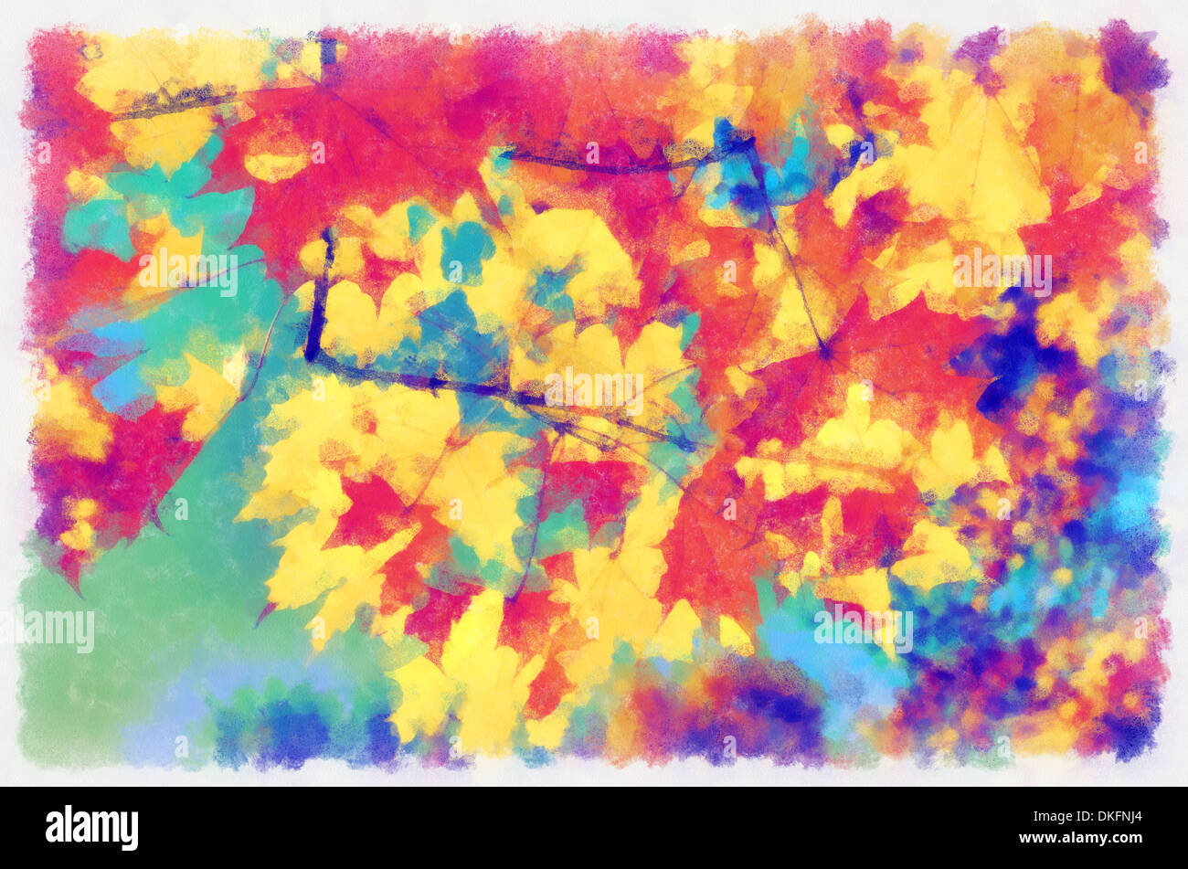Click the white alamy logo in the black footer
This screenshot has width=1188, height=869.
click(91, 828)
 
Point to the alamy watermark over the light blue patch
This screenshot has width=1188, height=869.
click(863, 630)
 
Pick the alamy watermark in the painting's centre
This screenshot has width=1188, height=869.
click(594, 388)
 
